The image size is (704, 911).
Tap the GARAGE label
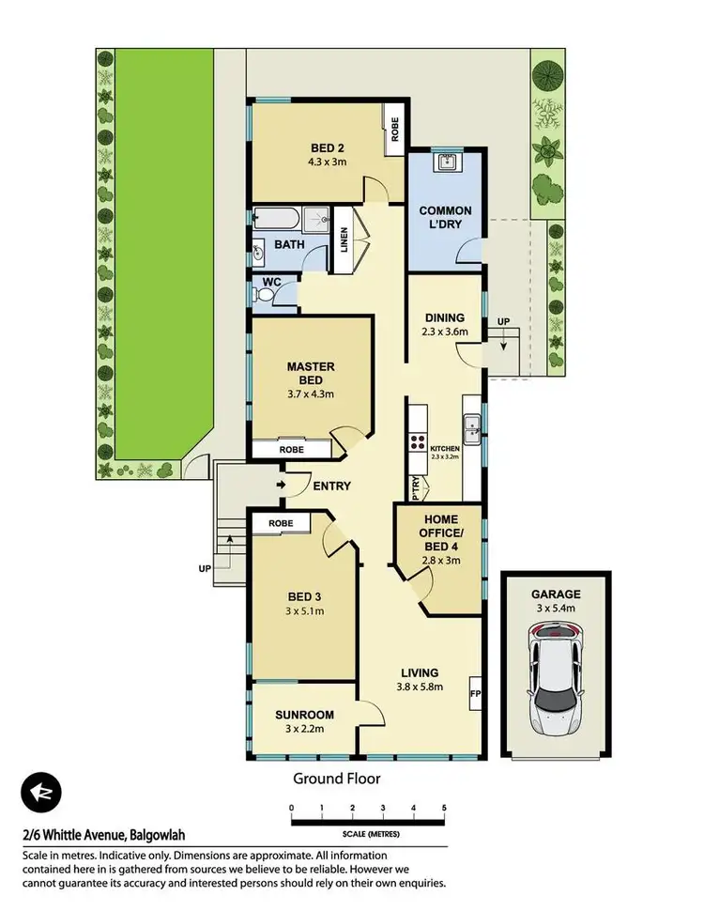coord(556,594)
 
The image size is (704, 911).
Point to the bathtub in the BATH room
coord(275,221)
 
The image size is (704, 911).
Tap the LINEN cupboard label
coord(344,240)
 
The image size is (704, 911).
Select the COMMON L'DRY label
coord(445,218)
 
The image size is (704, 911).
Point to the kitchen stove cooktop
coord(416,444)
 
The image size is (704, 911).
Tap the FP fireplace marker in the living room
coord(475,695)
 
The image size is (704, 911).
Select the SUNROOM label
coord(304,715)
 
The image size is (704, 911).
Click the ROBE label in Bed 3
coord(280,523)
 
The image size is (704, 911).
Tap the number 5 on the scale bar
coord(443,808)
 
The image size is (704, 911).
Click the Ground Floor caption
coord(336,778)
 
